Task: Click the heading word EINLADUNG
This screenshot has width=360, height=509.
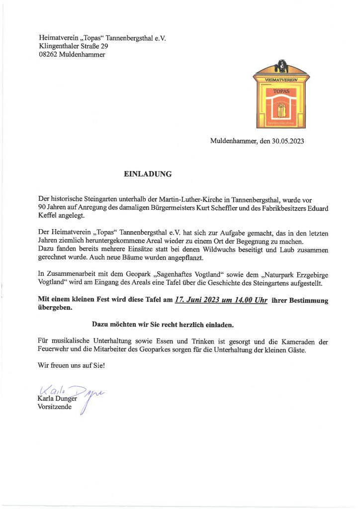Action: point(148,174)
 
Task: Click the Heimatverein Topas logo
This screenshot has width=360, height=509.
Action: point(281,94)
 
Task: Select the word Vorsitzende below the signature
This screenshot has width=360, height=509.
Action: point(55,408)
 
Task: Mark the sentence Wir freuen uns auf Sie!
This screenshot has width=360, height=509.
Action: point(72,366)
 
